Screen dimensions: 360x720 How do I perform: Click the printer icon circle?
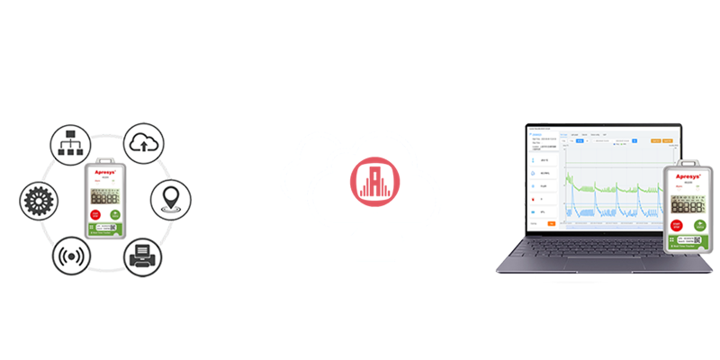[143, 256]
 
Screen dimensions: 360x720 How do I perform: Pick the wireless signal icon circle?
[72, 256]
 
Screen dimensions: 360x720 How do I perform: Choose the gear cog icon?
[41, 198]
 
